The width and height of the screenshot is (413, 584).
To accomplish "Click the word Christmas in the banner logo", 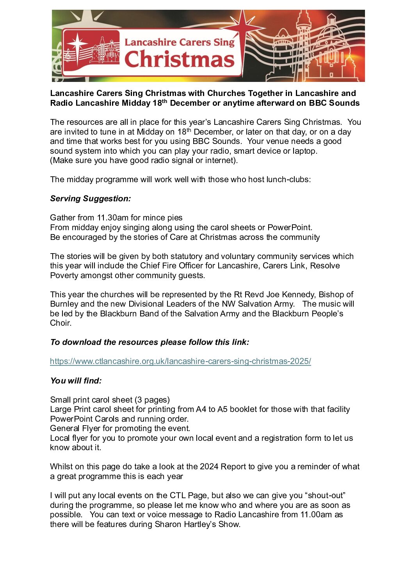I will click(x=179, y=60).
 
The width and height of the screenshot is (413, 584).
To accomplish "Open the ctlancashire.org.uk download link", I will click(x=180, y=361).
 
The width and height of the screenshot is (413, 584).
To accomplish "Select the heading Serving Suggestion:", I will click(x=91, y=199).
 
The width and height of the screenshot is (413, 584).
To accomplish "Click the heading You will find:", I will click(x=76, y=381).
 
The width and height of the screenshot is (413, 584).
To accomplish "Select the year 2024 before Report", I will click(x=209, y=467).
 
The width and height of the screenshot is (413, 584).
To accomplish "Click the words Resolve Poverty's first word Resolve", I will click(x=325, y=266).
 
